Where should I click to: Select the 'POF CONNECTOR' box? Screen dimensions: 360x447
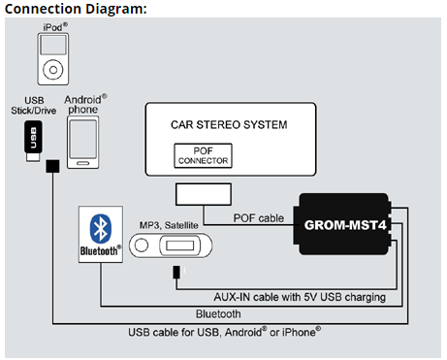(x=204, y=154)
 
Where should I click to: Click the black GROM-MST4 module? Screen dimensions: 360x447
(x=345, y=225)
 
